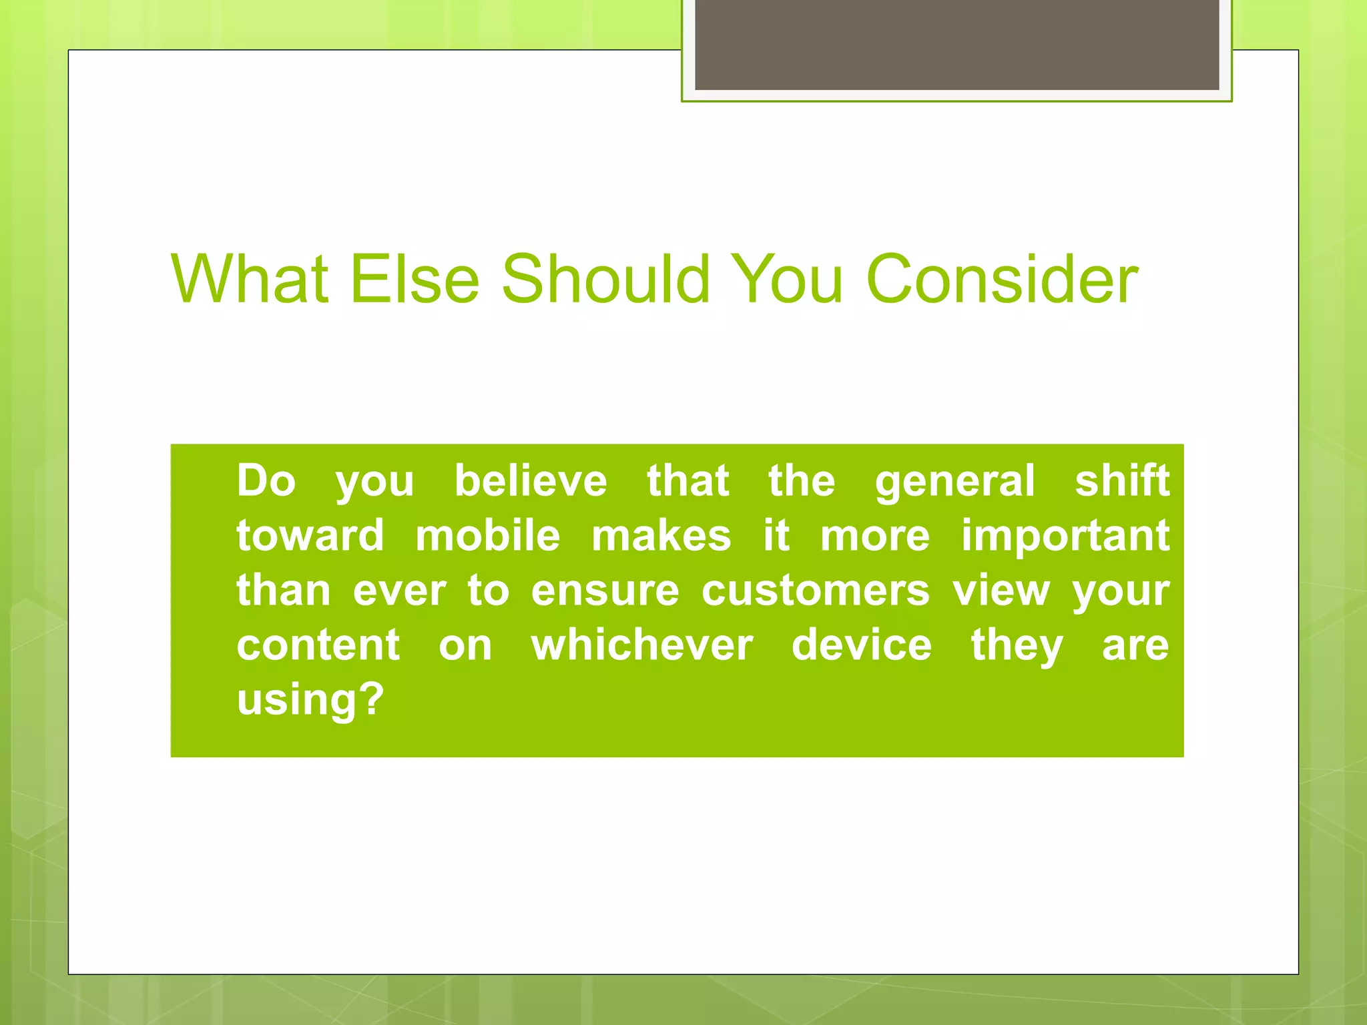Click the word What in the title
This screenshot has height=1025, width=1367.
pos(250,279)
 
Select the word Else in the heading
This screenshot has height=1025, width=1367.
pos(415,279)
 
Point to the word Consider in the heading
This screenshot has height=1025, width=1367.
pos(1001,279)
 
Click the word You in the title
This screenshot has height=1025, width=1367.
pos(788,279)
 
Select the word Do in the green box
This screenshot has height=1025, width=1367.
pos(266,480)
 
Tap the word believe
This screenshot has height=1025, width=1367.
pos(531,480)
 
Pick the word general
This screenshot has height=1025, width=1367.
pos(954,482)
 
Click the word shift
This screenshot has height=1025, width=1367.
pos(1122,480)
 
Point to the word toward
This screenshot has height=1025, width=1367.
pos(310,536)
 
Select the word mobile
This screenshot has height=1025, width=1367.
pos(488,536)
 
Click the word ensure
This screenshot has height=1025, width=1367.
pos(605,591)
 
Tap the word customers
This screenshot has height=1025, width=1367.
pos(815,591)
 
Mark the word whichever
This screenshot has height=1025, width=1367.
pos(642,645)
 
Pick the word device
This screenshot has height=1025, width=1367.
pos(862,645)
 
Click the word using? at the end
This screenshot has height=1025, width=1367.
pos(310,701)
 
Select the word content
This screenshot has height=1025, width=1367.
pos(318,645)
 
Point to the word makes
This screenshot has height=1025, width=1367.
pos(661,536)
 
